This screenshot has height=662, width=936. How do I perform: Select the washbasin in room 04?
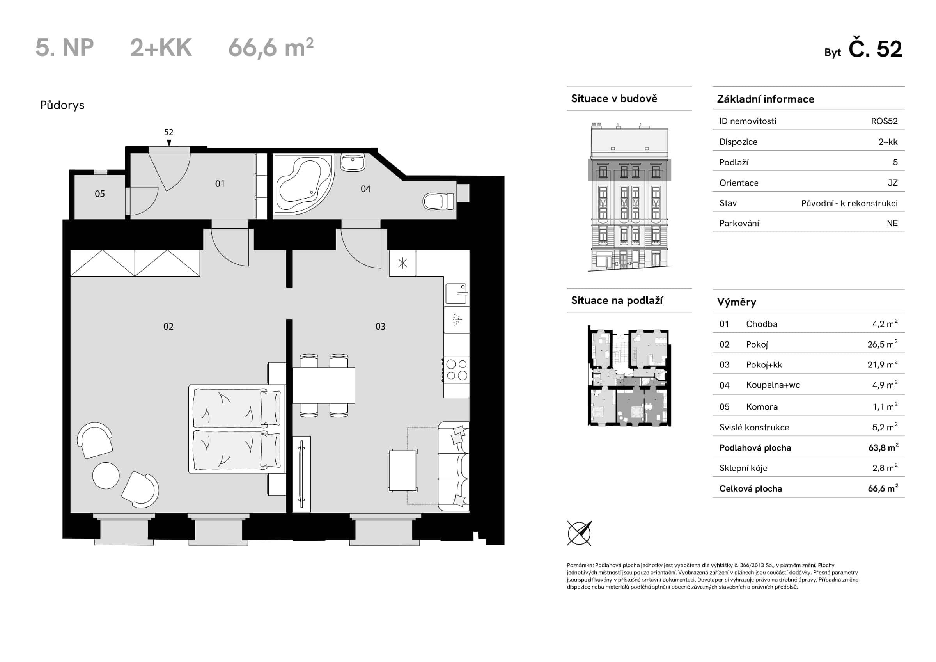(353, 163)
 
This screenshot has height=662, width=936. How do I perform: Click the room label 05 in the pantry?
(100, 194)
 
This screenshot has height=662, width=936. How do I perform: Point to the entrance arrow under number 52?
(169, 142)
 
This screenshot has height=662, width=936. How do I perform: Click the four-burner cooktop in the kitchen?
(457, 369)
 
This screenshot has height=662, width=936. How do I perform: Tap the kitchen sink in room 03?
(456, 294)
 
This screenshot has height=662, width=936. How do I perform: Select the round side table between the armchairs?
(106, 476)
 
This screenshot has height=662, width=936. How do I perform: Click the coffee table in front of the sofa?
(403, 470)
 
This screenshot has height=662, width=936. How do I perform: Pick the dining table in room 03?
(324, 385)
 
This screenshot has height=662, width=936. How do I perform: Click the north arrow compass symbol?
(579, 533)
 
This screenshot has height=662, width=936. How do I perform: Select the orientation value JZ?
(892, 183)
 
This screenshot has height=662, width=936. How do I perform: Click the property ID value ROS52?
(884, 121)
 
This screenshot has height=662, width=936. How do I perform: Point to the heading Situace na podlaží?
(616, 301)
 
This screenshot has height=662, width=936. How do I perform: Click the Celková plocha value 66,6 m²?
(883, 488)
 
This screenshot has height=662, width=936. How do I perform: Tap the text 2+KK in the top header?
(161, 48)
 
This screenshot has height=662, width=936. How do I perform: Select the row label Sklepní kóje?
(743, 468)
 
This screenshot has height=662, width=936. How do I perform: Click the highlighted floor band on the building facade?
(629, 170)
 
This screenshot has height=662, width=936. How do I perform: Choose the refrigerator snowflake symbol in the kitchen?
(402, 263)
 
